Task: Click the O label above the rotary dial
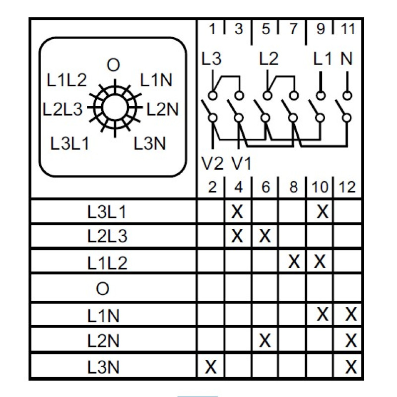coord(113,65)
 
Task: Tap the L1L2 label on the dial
coord(67,80)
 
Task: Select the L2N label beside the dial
coord(163,109)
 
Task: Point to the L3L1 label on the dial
coord(69,143)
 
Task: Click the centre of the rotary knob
coord(115,108)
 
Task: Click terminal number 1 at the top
coord(212,29)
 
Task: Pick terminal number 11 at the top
coord(348,29)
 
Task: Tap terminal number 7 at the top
coord(293,29)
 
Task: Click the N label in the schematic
coord(346,59)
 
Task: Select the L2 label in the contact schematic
coord(268,59)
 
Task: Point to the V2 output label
coord(212,163)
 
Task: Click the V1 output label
coord(241,163)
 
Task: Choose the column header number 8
coord(293,188)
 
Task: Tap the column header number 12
coord(347,188)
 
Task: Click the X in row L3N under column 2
coord(210,367)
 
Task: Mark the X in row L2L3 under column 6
coord(265,236)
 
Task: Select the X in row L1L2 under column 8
coord(294,262)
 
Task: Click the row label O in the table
coord(103,288)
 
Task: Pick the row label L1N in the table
coord(103,316)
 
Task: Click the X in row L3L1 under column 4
coord(237,211)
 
